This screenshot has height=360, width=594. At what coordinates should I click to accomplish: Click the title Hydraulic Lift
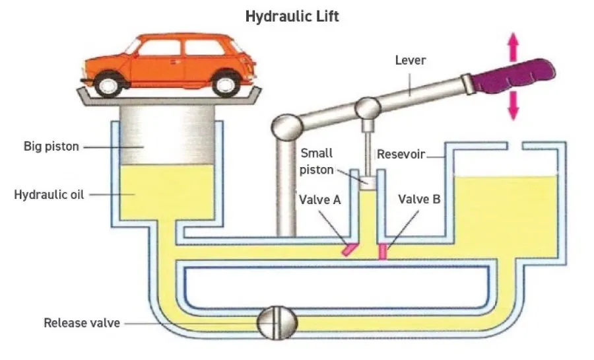click(292, 16)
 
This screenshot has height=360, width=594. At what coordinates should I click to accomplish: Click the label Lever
click(411, 60)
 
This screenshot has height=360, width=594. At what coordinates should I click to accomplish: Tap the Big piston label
click(51, 146)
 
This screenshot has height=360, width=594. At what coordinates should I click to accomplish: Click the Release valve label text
click(82, 323)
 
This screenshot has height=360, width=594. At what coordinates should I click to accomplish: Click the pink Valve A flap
click(349, 248)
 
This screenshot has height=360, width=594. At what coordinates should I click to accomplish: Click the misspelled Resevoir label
click(400, 156)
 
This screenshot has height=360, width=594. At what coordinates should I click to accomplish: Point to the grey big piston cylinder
click(167, 135)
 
